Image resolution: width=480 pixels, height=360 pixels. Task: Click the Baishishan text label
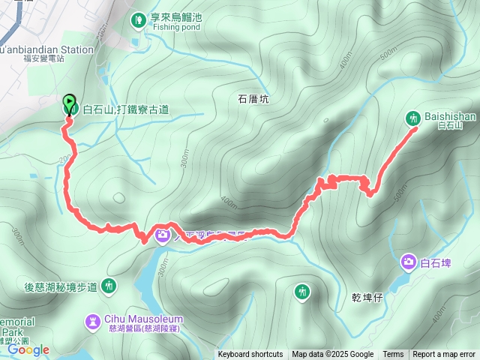pyautogui.click(x=444, y=117)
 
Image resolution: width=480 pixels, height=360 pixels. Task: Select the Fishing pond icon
pyautogui.click(x=137, y=19)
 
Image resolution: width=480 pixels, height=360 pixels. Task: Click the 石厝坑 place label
pyautogui.click(x=253, y=97)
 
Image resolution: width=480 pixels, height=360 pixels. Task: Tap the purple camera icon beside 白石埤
pyautogui.click(x=409, y=262)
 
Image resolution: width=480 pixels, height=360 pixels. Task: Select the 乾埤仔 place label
pyautogui.click(x=367, y=297)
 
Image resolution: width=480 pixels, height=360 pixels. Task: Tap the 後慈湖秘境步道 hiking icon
pyautogui.click(x=109, y=285)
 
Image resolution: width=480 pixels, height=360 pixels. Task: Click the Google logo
pyautogui.click(x=28, y=349)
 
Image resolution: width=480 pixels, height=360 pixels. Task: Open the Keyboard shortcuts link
pyautogui.click(x=250, y=355)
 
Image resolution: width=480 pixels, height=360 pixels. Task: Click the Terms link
pyautogui.click(x=393, y=355)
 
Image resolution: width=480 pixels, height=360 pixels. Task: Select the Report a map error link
pyautogui.click(x=444, y=355)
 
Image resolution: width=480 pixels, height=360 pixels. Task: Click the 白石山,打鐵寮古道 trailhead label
pyautogui.click(x=125, y=109)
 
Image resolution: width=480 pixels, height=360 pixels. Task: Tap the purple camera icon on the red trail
pyautogui.click(x=163, y=235)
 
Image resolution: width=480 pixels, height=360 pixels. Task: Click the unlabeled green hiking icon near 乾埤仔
pyautogui.click(x=302, y=290)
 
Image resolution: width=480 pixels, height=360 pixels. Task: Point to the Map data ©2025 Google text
pyautogui.click(x=332, y=355)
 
